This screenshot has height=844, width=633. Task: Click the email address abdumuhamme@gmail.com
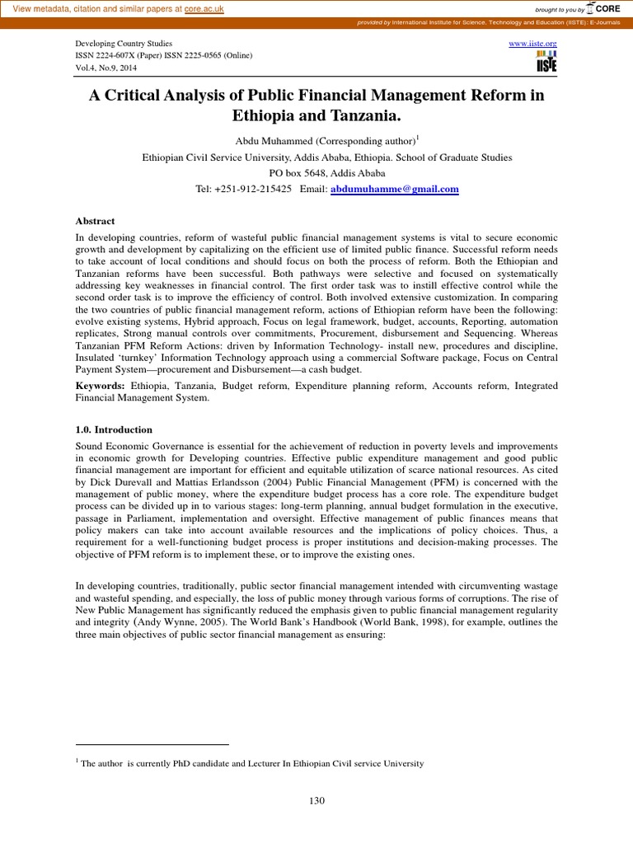point(394,190)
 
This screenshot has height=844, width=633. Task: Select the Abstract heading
point(95,221)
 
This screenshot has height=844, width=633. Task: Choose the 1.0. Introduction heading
point(114,429)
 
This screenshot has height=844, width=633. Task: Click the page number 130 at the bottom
point(316,800)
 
